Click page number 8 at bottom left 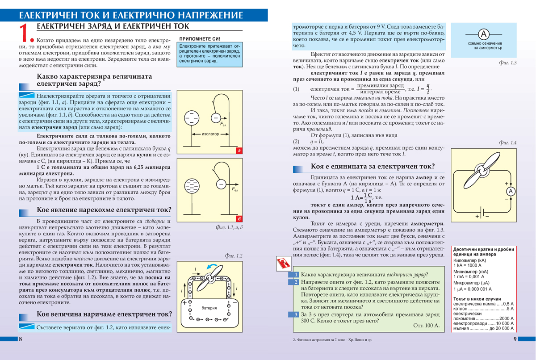[x=21, y=339]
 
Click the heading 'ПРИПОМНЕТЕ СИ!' [x=199, y=39]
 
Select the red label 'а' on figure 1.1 [x=239, y=151]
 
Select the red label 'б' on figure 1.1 [x=239, y=219]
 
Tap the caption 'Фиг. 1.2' [x=232, y=256]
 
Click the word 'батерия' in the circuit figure [x=209, y=308]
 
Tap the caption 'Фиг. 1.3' [x=507, y=63]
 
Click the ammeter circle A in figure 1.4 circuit [x=511, y=191]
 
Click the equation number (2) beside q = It [x=296, y=142]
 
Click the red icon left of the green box [x=282, y=263]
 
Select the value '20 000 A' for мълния [x=503, y=328]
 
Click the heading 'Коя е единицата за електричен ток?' [x=373, y=167]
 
